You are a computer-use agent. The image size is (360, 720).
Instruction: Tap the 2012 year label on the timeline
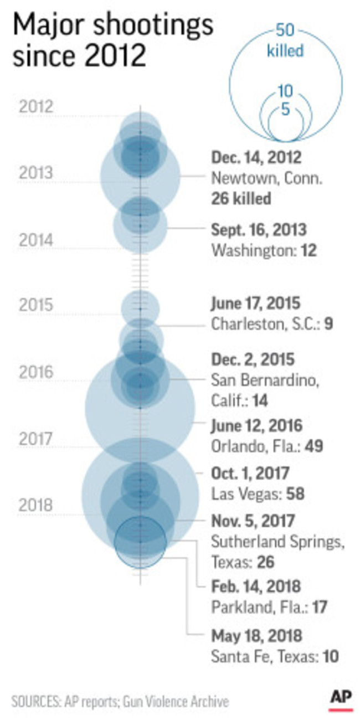[x=35, y=107]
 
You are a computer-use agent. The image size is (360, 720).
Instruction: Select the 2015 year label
[x=35, y=305]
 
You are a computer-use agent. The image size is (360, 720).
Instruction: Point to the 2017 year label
[x=35, y=439]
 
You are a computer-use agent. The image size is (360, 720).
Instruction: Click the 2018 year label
[x=35, y=505]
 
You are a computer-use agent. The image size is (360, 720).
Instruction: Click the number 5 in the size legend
[x=285, y=110]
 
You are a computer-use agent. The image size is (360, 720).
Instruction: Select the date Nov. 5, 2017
[x=253, y=521]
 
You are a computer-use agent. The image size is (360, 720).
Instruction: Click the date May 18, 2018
[x=256, y=635]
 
